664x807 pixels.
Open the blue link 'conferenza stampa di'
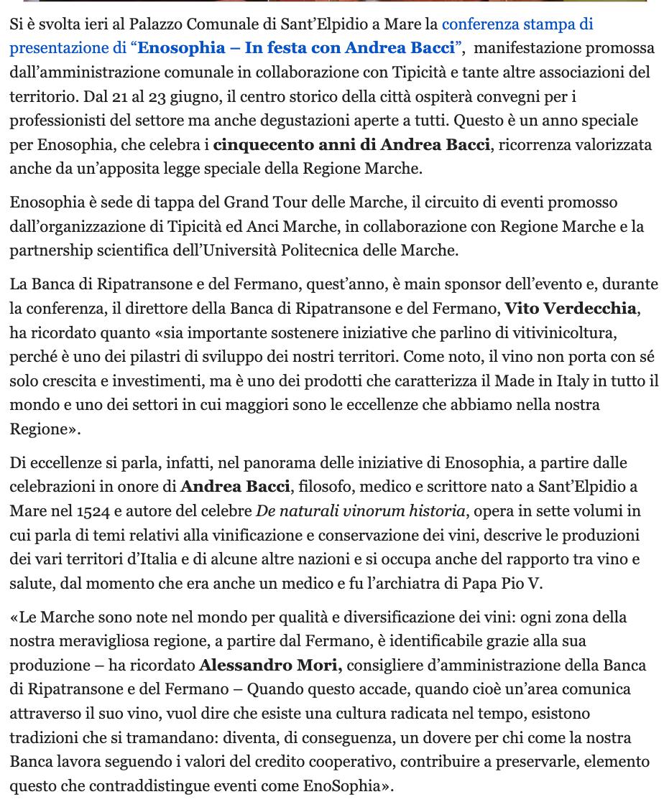point(517,24)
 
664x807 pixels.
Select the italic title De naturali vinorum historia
point(360,511)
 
